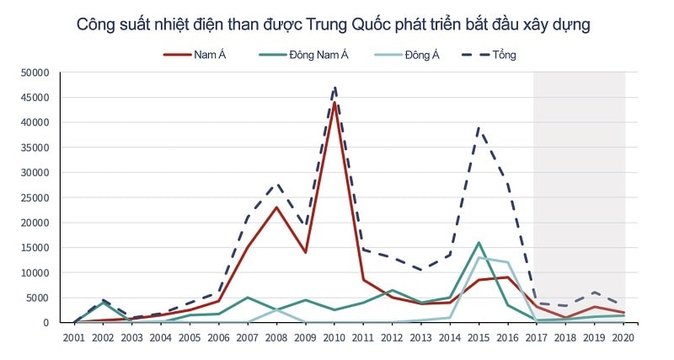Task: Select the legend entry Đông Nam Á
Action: pos(318,56)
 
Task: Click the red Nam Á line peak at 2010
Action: pos(334,103)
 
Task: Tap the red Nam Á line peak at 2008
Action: pos(277,207)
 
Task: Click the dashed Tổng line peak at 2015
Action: pos(479,127)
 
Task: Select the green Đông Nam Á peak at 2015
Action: pos(479,243)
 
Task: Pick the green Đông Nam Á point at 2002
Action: pos(103,303)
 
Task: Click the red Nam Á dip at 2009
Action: pos(306,252)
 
